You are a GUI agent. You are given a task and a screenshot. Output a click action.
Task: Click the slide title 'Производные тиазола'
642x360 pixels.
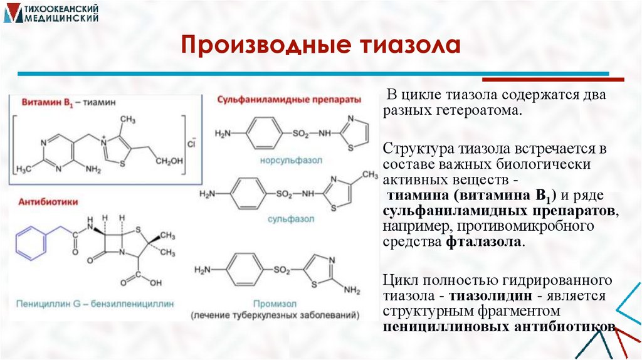coord(320,46)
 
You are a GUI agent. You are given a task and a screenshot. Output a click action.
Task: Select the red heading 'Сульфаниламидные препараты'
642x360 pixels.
coord(289,100)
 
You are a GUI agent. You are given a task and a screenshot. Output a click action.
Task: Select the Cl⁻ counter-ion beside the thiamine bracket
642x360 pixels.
coord(192,145)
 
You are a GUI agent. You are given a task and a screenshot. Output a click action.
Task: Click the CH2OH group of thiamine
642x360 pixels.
coord(169,161)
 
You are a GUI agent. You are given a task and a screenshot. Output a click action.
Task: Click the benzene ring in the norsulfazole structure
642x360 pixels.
coord(261,134)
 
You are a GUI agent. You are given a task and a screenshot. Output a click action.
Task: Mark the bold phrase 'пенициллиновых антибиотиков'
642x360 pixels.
coord(500,327)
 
